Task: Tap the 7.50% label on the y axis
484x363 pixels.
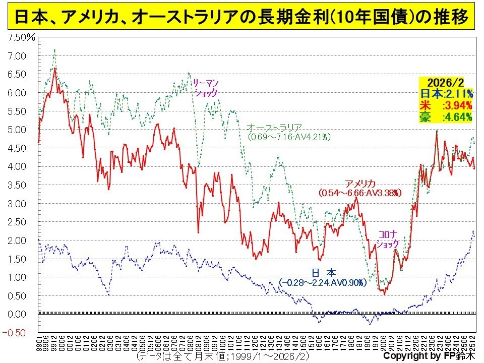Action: pyautogui.click(x=19, y=38)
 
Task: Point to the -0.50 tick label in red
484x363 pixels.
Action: pyautogui.click(x=17, y=332)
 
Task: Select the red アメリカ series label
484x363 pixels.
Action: pyautogui.click(x=360, y=184)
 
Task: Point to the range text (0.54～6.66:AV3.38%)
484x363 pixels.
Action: pyautogui.click(x=360, y=193)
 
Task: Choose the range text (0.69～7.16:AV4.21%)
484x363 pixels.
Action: pyautogui.click(x=289, y=137)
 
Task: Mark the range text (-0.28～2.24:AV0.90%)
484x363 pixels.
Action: pyautogui.click(x=322, y=283)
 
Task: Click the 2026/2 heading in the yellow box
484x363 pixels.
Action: pyautogui.click(x=445, y=83)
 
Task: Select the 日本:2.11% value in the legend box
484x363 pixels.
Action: pyautogui.click(x=445, y=94)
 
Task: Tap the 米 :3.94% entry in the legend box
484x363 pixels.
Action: pyautogui.click(x=445, y=105)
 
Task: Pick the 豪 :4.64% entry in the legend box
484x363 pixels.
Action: pyautogui.click(x=445, y=117)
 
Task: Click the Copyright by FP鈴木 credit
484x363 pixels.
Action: pyautogui.click(x=429, y=356)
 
